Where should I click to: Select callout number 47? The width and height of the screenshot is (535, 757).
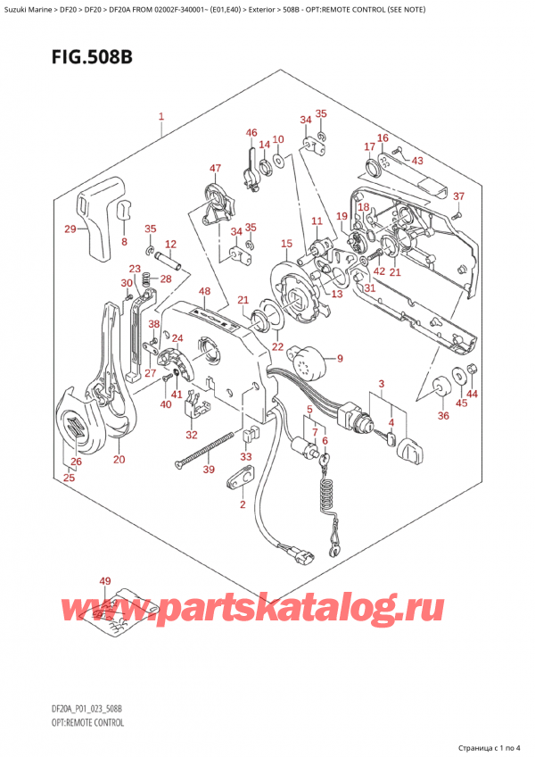coord(215,168)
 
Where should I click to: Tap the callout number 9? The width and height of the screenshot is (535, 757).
coord(339,359)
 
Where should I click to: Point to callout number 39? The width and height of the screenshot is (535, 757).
coord(209,470)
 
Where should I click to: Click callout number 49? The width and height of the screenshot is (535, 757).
coord(105,582)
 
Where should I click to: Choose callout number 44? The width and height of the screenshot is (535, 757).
coord(472,394)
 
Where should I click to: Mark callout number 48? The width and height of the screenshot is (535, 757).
coord(205,291)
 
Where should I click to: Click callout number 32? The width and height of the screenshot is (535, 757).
coord(192,435)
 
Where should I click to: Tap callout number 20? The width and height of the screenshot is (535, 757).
coord(119,460)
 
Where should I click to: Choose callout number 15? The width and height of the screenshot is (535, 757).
coord(286,244)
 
